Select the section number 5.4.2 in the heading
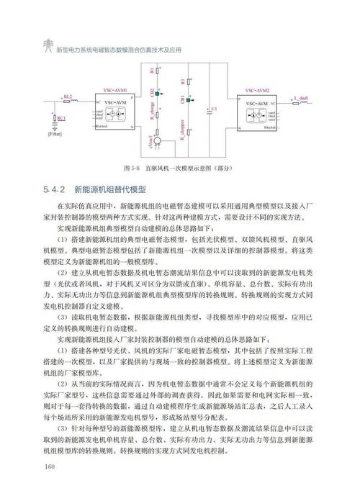pyautogui.click(x=54, y=190)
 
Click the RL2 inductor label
pyautogui.click(x=67, y=96)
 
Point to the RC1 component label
pyautogui.click(x=61, y=117)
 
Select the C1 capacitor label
pyautogui.click(x=213, y=109)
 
